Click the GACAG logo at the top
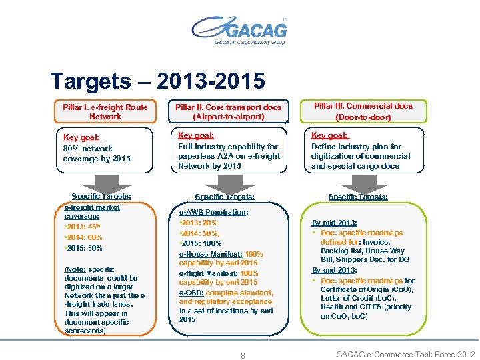(x=239, y=30)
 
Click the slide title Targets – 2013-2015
(x=158, y=81)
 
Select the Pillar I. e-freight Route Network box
(x=105, y=111)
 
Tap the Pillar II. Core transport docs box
(x=229, y=111)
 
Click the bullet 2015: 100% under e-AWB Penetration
(x=201, y=243)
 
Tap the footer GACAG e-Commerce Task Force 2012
(x=405, y=355)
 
